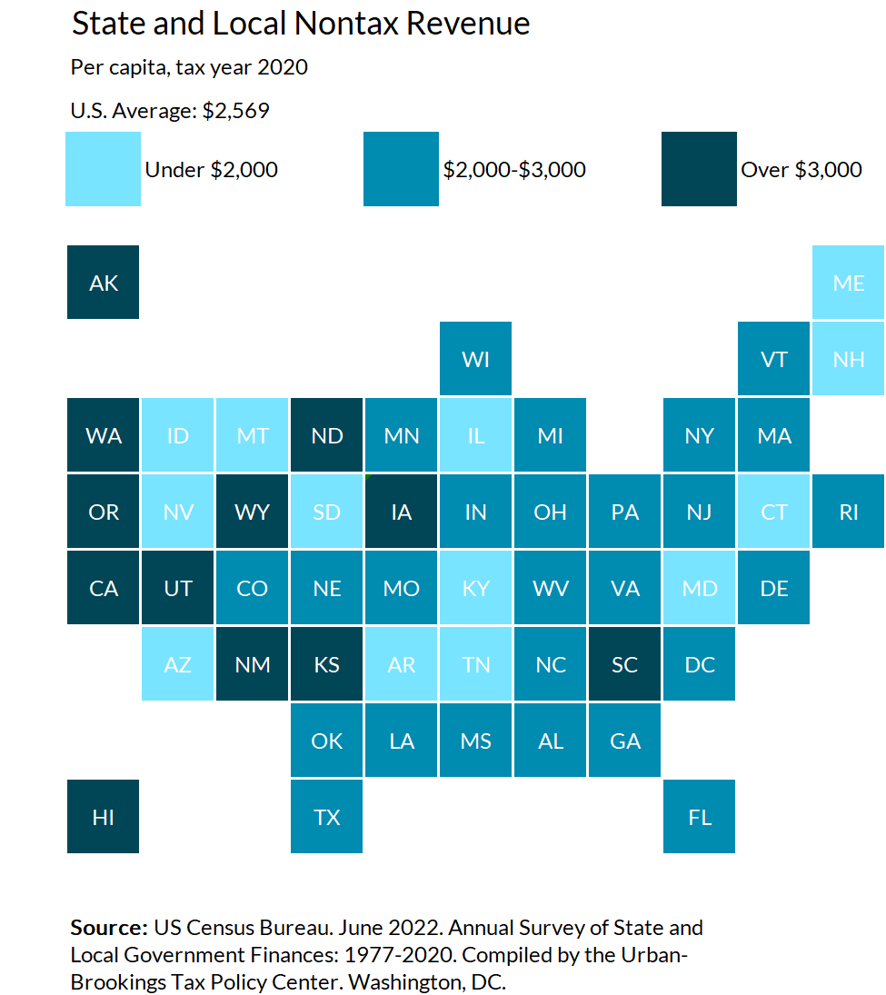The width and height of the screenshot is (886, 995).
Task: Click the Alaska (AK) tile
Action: coord(104,283)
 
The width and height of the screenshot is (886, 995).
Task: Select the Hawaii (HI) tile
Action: coord(104,817)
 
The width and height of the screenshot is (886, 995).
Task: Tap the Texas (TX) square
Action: coord(327,817)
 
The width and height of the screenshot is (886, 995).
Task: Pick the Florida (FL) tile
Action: coord(700,817)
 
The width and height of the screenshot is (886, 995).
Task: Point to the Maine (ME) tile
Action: coord(848,283)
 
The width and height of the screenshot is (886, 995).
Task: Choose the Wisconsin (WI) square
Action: coord(476,359)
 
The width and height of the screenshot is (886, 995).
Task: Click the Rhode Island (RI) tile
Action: coord(848,512)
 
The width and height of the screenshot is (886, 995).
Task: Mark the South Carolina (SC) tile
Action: coord(625,664)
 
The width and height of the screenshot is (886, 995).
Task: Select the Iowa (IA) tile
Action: coord(402,512)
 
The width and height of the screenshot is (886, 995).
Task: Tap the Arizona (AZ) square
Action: coord(178,664)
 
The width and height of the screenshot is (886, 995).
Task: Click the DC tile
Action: coord(700,664)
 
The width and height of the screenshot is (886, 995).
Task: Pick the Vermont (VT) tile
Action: coord(774,359)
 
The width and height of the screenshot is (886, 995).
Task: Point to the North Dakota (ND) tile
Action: coord(327,435)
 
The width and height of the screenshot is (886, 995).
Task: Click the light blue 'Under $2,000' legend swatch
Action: coord(104,169)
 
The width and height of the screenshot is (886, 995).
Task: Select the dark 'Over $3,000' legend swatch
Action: coord(699,169)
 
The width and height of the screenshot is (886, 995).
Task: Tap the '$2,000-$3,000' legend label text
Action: coord(514,170)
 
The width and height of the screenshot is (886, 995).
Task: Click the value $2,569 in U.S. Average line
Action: coord(235,111)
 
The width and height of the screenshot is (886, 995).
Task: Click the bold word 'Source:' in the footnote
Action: coord(109,928)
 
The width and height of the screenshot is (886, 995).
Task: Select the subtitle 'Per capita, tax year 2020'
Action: coord(189,67)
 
